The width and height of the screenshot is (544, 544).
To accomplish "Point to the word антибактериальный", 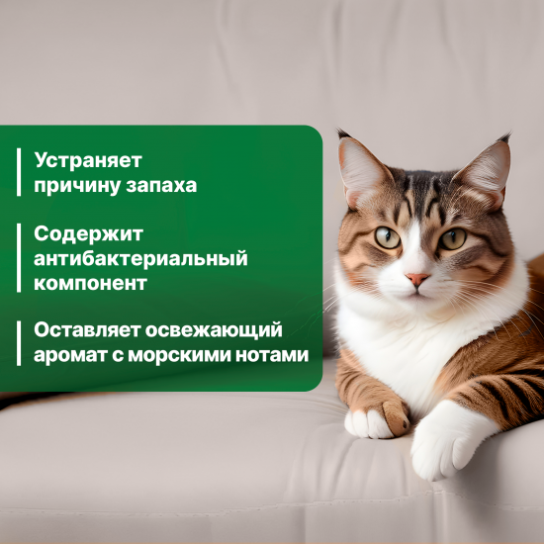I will coord(139,258).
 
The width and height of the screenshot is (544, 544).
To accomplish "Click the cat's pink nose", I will coord(417,279).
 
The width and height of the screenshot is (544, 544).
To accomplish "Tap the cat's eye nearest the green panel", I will coord(387,236).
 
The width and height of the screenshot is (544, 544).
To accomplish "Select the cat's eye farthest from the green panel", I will coord(453,238).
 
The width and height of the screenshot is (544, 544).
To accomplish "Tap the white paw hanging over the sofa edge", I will coord(442,446).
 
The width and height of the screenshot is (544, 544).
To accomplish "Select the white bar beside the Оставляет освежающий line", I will coord(19,342).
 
